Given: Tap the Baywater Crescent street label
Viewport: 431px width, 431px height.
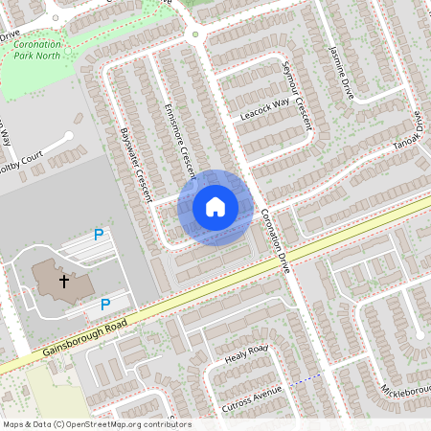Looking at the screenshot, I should (x=137, y=164).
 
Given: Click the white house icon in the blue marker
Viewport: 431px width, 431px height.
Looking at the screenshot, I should (x=215, y=207).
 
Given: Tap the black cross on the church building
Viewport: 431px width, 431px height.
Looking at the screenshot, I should (x=64, y=282).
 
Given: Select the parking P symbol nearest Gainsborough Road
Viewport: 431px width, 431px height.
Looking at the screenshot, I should (x=105, y=306).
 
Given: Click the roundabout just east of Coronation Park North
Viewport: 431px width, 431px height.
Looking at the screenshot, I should (x=195, y=35).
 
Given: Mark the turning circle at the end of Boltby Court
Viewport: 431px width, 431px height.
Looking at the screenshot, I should (x=70, y=137).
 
